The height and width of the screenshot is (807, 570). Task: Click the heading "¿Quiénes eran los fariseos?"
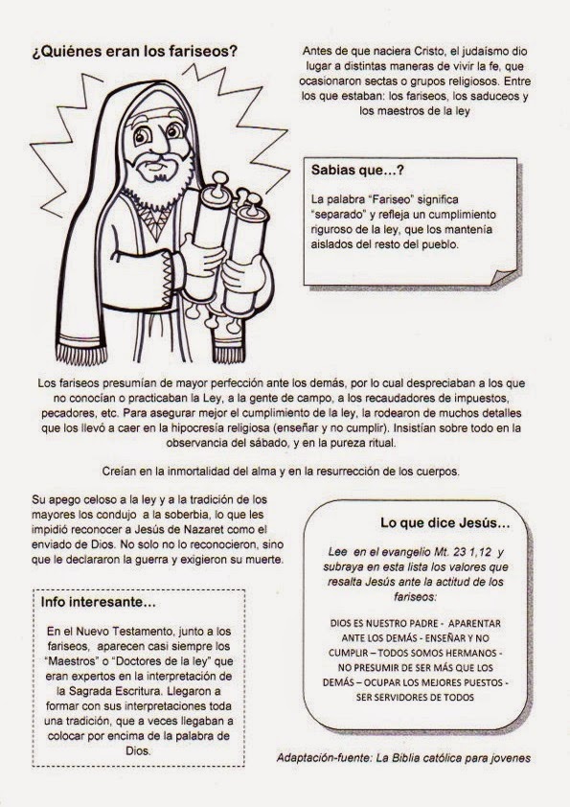pyautogui.click(x=135, y=53)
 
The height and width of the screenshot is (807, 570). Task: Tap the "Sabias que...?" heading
pyautogui.click(x=357, y=171)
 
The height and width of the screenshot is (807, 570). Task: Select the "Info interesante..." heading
pyautogui.click(x=99, y=602)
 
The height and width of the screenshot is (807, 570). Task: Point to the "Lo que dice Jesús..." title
pyautogui.click(x=445, y=523)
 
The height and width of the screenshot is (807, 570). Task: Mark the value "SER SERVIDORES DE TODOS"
pyautogui.click(x=415, y=698)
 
